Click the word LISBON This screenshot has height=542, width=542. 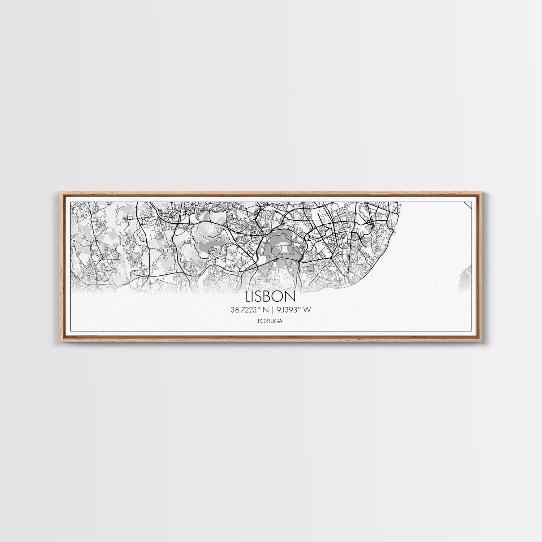(271, 296)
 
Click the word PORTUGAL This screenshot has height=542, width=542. (271, 321)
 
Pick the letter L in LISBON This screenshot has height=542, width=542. (249, 296)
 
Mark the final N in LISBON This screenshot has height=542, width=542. (291, 296)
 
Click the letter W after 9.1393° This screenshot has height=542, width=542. (307, 309)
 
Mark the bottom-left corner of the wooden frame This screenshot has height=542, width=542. (59, 341)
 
